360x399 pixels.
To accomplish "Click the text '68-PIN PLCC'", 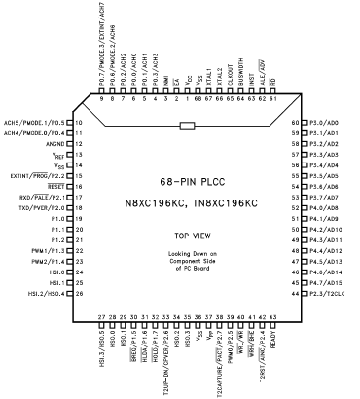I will coord(180,182).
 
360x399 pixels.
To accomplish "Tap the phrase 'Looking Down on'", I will coord(181,254).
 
